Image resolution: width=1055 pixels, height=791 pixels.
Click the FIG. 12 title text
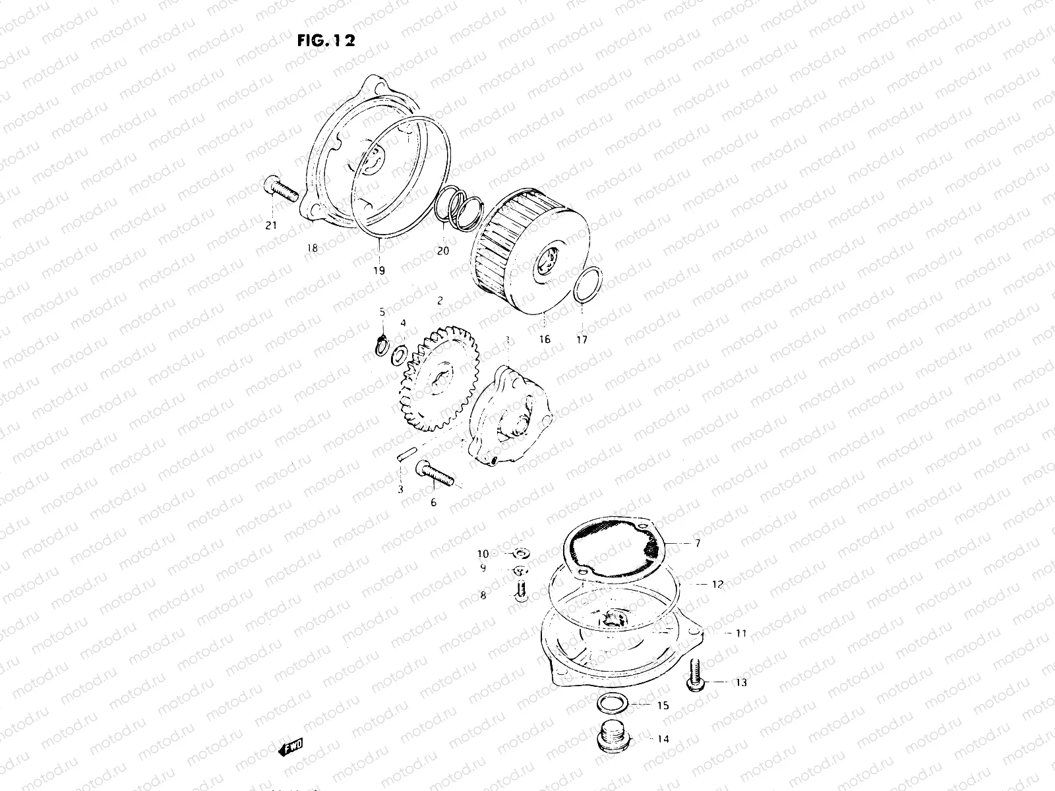click(x=326, y=41)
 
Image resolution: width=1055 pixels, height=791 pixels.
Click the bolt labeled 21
click(x=281, y=189)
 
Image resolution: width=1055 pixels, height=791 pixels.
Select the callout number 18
click(x=312, y=248)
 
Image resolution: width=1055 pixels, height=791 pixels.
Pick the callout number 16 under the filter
click(x=544, y=339)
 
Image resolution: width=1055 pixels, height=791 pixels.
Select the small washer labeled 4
click(x=398, y=357)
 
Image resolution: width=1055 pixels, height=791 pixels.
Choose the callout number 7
click(x=698, y=544)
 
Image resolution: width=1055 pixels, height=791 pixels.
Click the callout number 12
click(x=717, y=584)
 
